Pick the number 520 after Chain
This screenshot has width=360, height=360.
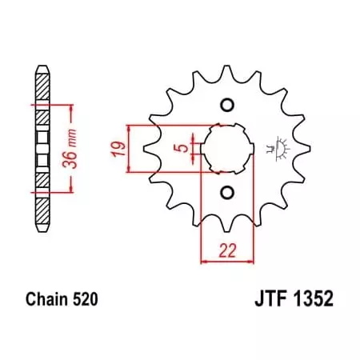86,301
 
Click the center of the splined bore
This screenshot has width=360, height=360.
225,149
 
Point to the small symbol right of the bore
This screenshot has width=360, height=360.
278,147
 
